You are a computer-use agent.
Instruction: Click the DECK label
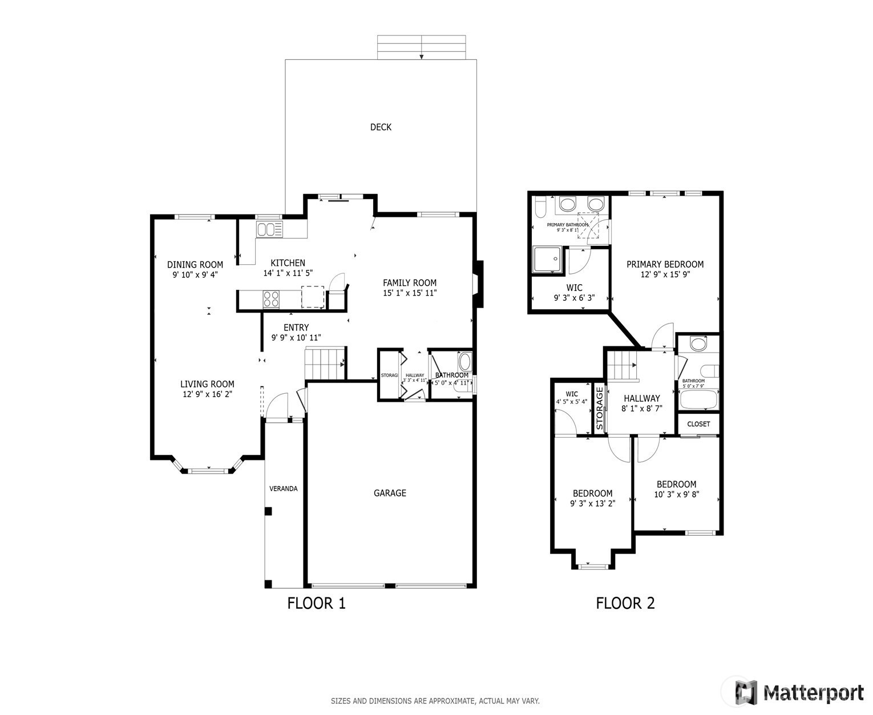(381, 127)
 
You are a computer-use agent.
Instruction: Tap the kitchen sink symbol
(269, 229)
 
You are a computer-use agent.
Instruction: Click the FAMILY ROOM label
(409, 282)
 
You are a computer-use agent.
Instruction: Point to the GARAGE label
(390, 493)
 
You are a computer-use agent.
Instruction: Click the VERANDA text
(284, 488)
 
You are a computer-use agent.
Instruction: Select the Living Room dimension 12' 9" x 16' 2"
(207, 394)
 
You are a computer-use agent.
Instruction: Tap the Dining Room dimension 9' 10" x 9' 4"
(195, 274)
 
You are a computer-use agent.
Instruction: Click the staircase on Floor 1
(324, 363)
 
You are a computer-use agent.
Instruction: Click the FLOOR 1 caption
(316, 603)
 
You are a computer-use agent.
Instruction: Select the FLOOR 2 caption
(625, 603)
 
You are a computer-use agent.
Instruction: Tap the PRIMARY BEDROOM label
(665, 264)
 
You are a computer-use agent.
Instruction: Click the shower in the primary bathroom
(547, 260)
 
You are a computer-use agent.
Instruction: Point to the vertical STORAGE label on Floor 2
(599, 408)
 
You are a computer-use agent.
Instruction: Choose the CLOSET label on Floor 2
(698, 424)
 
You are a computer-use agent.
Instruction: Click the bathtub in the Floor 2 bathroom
(698, 399)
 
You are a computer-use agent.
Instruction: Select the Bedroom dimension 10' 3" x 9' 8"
(676, 495)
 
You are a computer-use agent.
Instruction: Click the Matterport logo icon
(746, 692)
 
